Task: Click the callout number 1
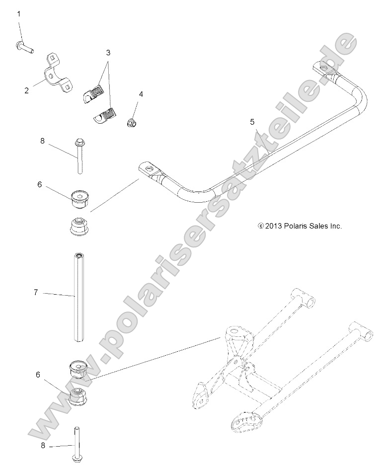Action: [19, 14]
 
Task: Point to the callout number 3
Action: [108, 52]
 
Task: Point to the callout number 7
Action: [36, 293]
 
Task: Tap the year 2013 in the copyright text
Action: [274, 226]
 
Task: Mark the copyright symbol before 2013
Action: [261, 226]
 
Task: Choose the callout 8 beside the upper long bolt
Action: [42, 141]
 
